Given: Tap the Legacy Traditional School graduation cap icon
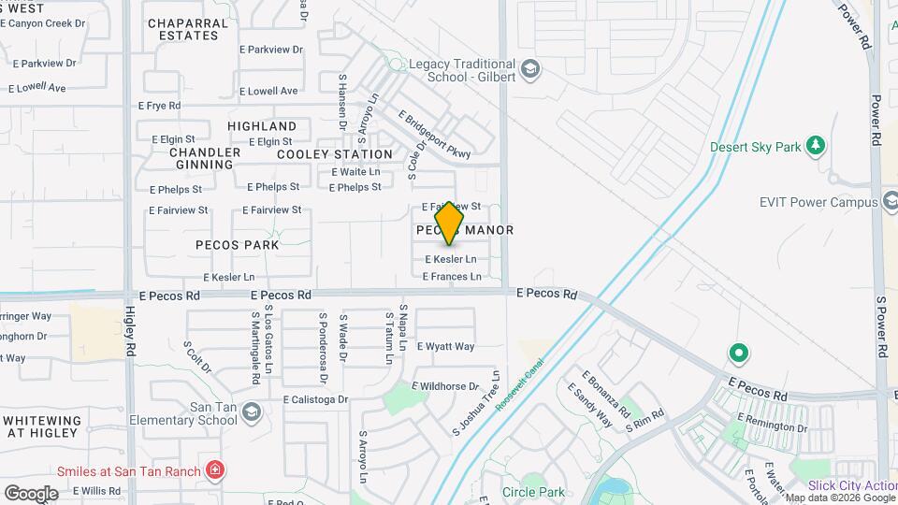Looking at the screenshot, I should (530, 69).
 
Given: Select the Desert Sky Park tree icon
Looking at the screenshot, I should (817, 146).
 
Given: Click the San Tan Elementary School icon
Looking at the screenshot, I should (250, 411).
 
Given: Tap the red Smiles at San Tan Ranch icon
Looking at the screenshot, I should (215, 470).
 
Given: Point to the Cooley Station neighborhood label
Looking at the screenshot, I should (335, 154).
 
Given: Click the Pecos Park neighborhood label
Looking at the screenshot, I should (237, 245).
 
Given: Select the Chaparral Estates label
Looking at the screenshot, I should (188, 29).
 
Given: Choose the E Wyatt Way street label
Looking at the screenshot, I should (445, 347).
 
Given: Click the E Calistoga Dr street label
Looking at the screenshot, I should (316, 399).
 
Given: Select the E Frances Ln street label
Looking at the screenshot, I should (452, 277).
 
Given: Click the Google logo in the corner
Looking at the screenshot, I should (31, 493).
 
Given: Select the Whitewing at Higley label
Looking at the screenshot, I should (43, 427).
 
